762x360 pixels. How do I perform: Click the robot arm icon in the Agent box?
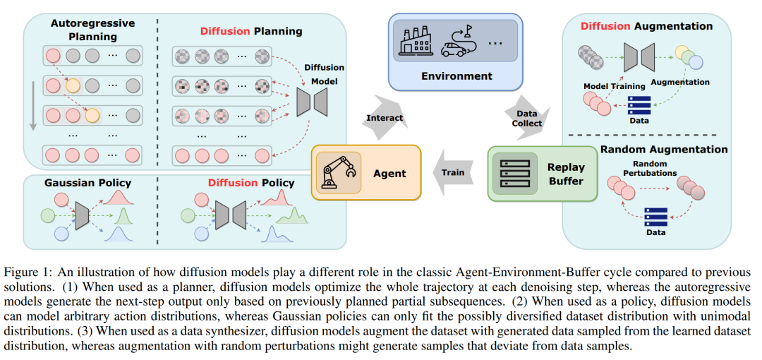click(x=336, y=173)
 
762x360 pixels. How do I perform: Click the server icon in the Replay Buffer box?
click(x=514, y=173)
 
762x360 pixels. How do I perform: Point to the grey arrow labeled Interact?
click(x=385, y=118)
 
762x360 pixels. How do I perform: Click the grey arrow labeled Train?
click(x=453, y=172)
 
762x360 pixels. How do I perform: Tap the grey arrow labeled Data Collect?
click(x=526, y=118)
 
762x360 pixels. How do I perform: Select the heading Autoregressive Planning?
click(x=86, y=30)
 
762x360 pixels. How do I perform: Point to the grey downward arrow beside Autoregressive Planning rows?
click(x=32, y=107)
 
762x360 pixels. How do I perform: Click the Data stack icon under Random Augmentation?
click(x=655, y=216)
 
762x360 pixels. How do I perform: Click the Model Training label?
click(x=615, y=86)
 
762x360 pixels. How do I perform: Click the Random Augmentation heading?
click(x=664, y=149)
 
